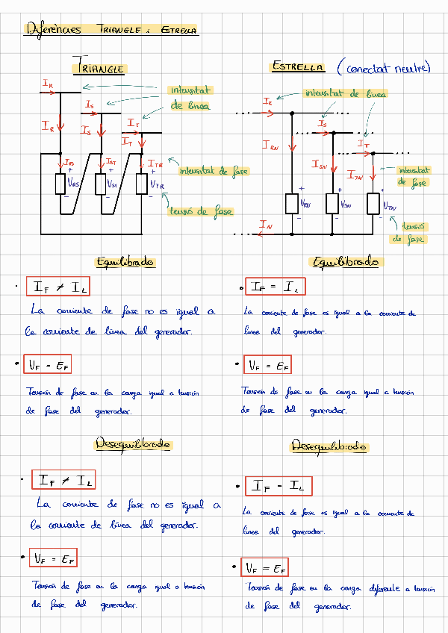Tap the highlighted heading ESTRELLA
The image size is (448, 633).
click(298, 66)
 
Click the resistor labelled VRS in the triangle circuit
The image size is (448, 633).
click(61, 183)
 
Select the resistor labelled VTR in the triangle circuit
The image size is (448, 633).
click(142, 182)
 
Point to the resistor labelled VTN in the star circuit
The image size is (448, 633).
click(373, 203)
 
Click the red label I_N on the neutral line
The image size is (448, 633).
click(265, 224)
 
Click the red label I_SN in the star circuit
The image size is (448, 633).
click(320, 165)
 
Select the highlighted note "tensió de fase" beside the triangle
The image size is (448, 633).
click(200, 211)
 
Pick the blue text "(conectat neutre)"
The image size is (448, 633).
click(383, 68)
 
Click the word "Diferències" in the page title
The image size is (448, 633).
click(54, 30)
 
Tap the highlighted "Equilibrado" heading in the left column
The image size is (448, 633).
click(125, 262)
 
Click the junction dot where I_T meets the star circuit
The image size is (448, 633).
click(372, 153)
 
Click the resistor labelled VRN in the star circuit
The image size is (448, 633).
click(293, 203)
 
